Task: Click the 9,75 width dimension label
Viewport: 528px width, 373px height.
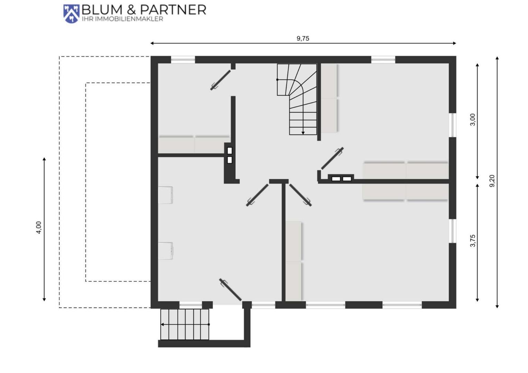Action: [303, 38]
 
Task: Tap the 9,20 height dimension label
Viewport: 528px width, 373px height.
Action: [492, 181]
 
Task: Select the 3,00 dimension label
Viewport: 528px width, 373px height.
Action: [473, 119]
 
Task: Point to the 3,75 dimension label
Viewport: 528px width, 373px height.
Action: [473, 241]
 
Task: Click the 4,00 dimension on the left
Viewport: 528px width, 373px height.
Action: [39, 228]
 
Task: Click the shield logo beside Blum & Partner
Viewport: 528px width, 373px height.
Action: [71, 14]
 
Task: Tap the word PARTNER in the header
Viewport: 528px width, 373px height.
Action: [173, 10]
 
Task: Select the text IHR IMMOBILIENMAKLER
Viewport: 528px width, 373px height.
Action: [122, 19]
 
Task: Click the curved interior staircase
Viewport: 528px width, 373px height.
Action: [297, 99]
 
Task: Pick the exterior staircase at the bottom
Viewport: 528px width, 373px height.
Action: [185, 324]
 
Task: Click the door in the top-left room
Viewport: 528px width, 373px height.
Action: [220, 80]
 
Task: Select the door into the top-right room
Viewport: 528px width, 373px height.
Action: [332, 158]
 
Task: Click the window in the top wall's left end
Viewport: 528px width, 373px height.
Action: [183, 60]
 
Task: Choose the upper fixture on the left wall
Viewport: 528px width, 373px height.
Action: [166, 195]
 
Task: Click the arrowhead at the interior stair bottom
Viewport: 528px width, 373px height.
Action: [303, 133]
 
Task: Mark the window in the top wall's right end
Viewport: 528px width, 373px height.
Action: [383, 60]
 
